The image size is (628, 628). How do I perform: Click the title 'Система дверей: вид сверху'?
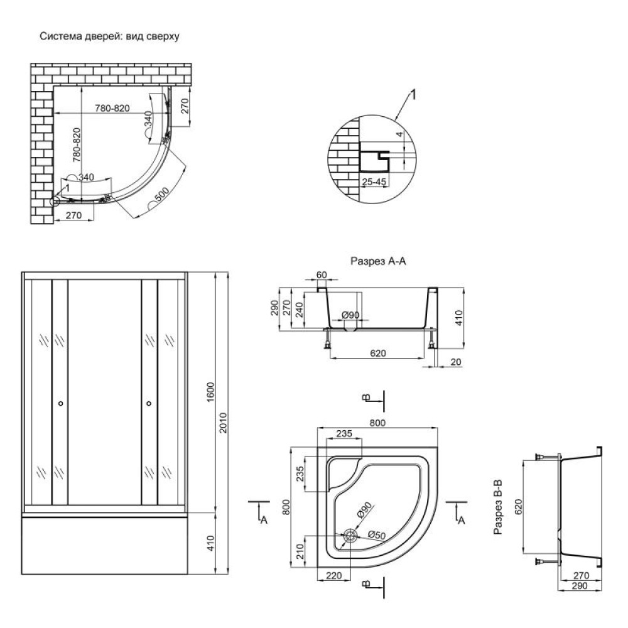point(109,36)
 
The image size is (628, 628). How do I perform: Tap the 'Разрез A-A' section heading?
point(378,261)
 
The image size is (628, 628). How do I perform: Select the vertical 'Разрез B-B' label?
point(498,507)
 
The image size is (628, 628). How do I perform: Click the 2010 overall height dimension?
point(223,423)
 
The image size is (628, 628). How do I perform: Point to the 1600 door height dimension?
point(210,392)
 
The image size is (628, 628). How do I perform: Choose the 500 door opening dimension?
point(161,194)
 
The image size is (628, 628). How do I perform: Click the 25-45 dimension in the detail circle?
point(374,182)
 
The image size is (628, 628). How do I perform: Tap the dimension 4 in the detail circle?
point(399,134)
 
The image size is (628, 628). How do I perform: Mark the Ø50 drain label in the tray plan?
point(376,534)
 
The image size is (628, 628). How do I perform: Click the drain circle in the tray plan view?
point(350,536)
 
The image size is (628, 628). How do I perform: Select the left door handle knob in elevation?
point(60,403)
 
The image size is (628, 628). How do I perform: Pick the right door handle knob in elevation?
point(149,403)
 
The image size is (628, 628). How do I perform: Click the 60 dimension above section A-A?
point(322,275)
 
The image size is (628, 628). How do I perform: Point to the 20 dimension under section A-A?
point(456,362)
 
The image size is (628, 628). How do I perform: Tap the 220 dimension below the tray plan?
point(333,575)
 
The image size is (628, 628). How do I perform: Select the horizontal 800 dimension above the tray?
point(377,423)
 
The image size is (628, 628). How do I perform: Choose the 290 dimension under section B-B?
point(580,585)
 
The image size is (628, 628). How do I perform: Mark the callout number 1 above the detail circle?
point(414,95)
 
